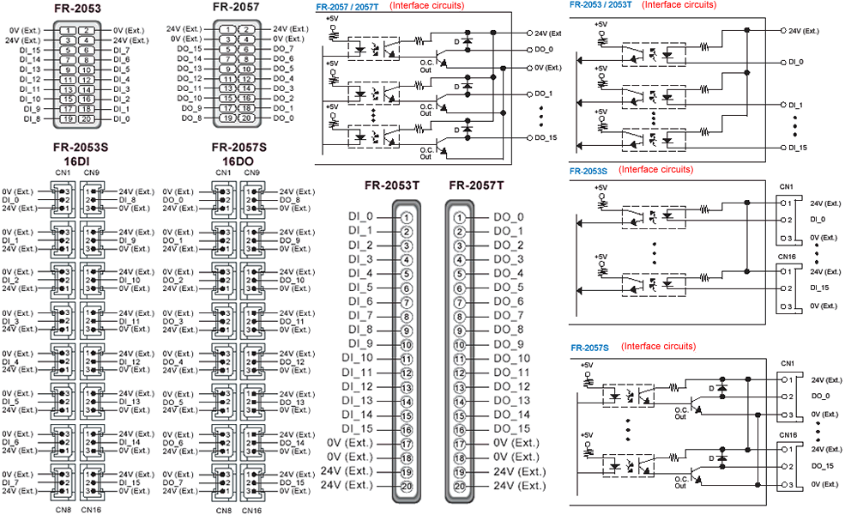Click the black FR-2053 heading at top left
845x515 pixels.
(77, 8)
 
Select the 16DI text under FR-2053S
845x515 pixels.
(76, 161)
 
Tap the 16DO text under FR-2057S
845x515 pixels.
(238, 161)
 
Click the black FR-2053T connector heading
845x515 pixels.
(392, 185)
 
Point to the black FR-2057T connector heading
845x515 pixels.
(476, 185)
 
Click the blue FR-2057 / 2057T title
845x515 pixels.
(347, 7)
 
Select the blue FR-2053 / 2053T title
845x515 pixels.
(601, 5)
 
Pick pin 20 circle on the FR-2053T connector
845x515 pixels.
(407, 486)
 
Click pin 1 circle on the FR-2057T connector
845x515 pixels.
(459, 218)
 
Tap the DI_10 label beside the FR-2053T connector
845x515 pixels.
(357, 358)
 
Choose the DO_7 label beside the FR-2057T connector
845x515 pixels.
(509, 316)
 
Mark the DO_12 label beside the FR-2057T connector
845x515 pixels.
(512, 386)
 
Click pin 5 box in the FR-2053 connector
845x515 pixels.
(68, 50)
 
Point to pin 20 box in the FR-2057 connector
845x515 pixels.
(245, 118)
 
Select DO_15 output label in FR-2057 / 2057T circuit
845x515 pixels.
(546, 137)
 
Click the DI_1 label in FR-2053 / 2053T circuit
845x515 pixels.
(795, 106)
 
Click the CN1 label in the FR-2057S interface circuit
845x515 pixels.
(788, 363)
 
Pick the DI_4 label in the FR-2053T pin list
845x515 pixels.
(360, 274)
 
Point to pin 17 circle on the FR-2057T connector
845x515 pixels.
(459, 444)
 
